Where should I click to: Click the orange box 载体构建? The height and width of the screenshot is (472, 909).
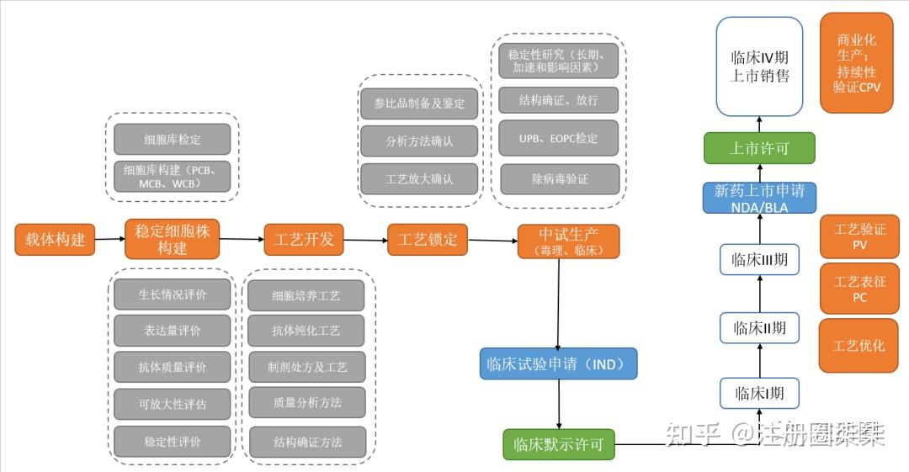[55, 240]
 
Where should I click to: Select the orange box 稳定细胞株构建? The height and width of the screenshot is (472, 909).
[172, 240]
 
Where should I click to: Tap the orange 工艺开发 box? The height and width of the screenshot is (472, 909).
[304, 240]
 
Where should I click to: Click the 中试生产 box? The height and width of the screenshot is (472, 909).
[568, 241]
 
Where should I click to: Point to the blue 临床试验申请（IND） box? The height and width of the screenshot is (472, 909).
[558, 364]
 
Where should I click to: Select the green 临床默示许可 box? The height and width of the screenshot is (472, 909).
[559, 444]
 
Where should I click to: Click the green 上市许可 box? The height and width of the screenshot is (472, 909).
[759, 148]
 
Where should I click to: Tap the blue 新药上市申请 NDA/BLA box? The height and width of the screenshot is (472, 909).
[759, 199]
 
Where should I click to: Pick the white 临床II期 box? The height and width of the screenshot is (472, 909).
[759, 327]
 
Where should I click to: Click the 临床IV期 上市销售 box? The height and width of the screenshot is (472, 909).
[759, 66]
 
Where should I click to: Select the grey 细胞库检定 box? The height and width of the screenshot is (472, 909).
[172, 139]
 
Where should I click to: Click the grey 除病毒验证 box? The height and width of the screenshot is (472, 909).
[560, 179]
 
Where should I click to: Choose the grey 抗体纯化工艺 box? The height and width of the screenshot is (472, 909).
[306, 331]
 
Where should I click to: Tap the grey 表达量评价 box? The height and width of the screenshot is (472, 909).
[172, 331]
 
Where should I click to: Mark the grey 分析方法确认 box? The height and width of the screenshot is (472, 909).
[419, 141]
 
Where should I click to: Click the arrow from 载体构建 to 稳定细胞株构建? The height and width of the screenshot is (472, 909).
[109, 240]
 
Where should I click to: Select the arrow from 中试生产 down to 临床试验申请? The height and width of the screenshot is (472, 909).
[558, 303]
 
